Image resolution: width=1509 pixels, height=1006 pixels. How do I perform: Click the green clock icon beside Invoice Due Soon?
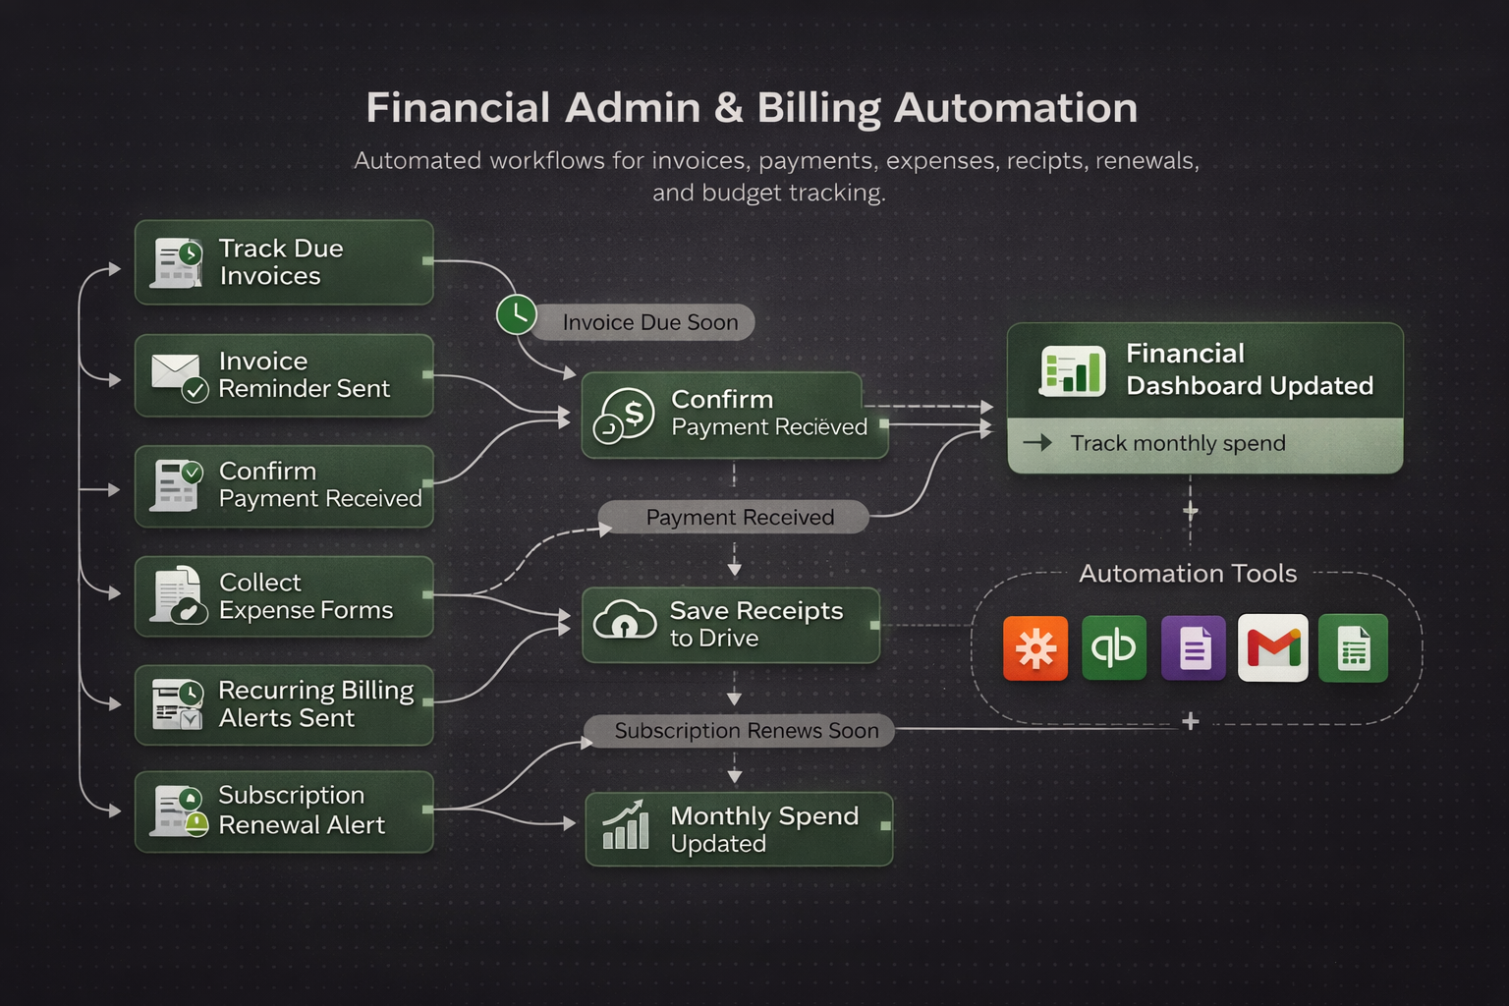[516, 314]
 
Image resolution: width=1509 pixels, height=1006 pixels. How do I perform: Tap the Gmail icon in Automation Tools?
[1272, 648]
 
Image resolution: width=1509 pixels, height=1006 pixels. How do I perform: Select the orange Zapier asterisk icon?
[1035, 648]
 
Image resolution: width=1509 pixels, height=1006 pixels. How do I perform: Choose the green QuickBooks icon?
[1113, 648]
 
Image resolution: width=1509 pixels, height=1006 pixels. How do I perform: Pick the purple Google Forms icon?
[1193, 648]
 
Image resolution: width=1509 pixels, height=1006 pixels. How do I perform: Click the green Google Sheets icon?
[1353, 648]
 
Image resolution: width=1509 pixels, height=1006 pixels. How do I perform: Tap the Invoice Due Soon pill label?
[649, 322]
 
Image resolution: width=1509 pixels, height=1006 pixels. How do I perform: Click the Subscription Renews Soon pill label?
[746, 731]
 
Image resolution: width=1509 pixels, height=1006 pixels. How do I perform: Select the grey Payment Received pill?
[739, 518]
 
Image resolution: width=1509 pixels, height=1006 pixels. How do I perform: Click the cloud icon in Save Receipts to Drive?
[625, 621]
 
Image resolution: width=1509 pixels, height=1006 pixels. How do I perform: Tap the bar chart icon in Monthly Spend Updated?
[626, 826]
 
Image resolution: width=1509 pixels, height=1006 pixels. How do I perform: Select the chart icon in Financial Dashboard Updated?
[1072, 370]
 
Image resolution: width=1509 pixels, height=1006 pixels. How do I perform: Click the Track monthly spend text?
[1177, 444]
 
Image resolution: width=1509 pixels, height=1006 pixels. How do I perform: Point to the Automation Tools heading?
[1187, 574]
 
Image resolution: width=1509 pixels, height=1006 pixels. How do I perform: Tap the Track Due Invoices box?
[284, 262]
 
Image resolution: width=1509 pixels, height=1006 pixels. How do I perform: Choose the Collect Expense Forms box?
[284, 596]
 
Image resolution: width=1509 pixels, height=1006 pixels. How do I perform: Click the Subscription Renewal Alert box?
[284, 810]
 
